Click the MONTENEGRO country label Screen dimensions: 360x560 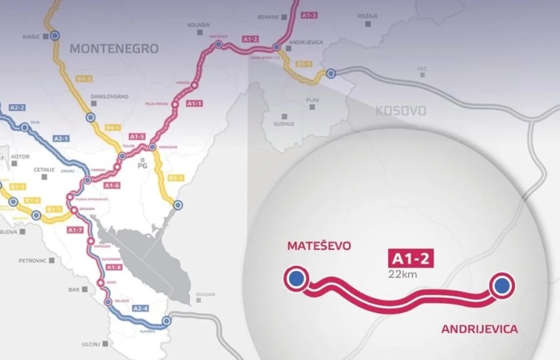coord(114,49)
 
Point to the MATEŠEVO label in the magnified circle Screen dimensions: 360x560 coord(318,246)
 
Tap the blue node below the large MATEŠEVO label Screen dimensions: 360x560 coord(296,279)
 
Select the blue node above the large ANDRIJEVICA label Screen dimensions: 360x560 coord(501,285)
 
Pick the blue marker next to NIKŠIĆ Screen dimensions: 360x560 coord(55,36)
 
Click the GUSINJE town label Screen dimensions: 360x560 coord(285,123)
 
